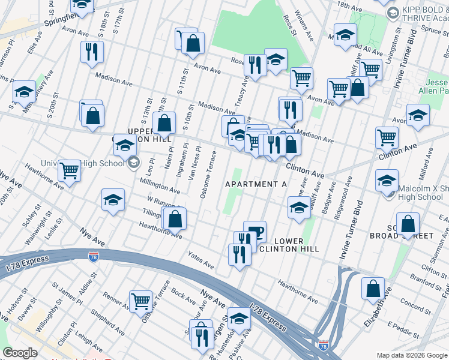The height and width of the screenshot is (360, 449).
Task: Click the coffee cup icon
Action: (255, 230)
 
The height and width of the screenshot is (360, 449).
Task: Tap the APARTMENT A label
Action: (256, 184)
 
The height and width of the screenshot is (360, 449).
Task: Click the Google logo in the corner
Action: (20, 353)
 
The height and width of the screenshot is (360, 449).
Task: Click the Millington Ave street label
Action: (160, 185)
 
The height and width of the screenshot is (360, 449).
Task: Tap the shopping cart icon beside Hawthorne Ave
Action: (70, 170)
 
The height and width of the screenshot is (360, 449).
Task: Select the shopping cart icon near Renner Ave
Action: (141, 299)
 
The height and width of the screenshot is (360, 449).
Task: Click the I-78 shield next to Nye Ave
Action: (93, 257)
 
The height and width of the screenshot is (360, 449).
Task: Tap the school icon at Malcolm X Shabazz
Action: (387, 179)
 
